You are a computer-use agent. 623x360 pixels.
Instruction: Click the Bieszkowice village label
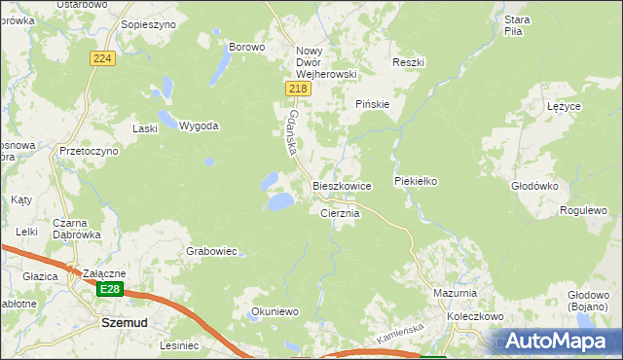coord(342,186)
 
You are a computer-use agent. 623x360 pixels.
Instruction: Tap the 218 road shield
coord(299,90)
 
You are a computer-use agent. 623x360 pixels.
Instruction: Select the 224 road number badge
coord(104,59)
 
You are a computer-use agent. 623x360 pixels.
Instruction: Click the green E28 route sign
coord(110,290)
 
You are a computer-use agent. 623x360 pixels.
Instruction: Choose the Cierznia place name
coord(341,213)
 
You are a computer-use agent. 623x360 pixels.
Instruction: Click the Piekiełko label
coord(419,181)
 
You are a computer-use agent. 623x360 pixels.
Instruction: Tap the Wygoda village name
coord(199,126)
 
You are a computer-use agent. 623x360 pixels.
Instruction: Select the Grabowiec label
coord(211,251)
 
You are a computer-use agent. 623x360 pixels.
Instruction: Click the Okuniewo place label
coord(274,312)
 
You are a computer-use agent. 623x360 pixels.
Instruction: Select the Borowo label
coord(246,47)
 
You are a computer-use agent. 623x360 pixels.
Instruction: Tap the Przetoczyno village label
coord(89,152)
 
